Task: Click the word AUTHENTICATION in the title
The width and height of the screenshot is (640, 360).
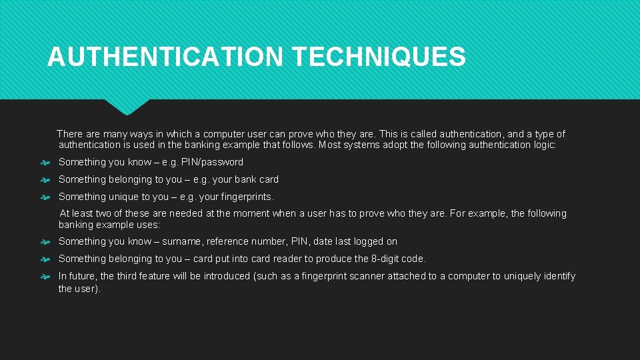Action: point(165,57)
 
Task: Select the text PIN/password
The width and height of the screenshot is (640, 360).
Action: point(212,162)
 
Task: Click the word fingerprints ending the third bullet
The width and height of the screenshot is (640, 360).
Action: point(244,197)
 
